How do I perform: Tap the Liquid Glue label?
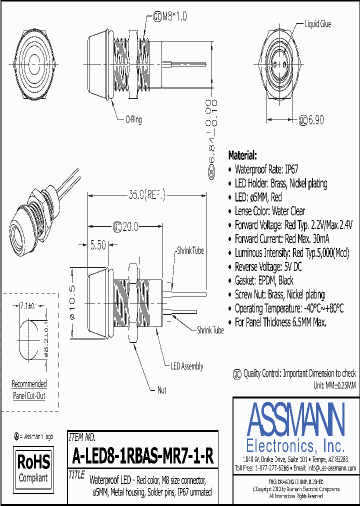pos(317,24)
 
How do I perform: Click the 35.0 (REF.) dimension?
pos(146,194)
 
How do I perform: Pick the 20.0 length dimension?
pos(126,226)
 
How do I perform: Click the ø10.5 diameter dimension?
pos(72,302)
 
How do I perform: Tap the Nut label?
pos(161,390)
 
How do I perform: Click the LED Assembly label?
pos(187,366)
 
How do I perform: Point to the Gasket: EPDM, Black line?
pos(264,280)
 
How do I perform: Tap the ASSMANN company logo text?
pos(296,418)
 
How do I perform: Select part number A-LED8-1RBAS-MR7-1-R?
pos(142,456)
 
